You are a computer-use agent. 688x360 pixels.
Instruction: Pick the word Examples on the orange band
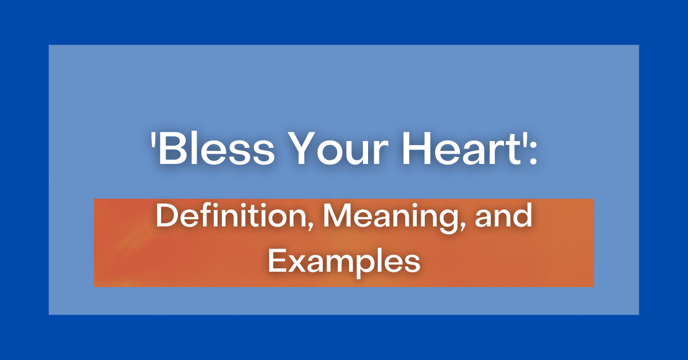point(344,262)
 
